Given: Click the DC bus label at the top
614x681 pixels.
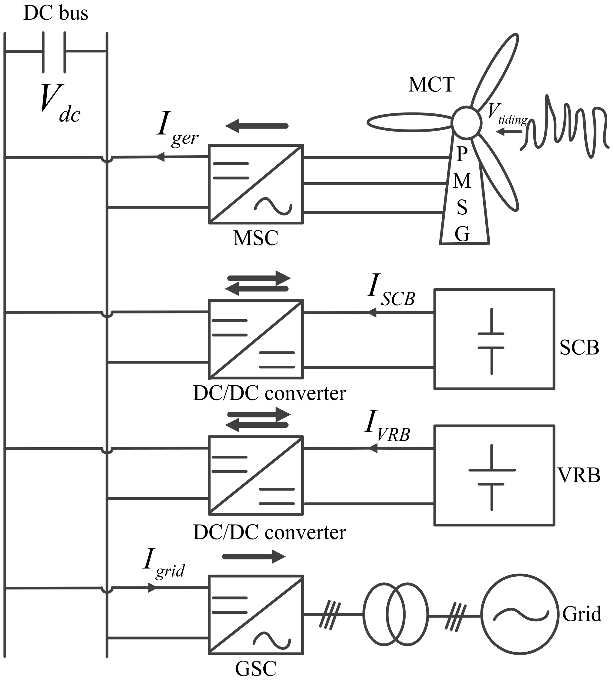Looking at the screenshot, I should coord(56,13).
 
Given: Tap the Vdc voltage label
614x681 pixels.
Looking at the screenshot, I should coord(59,103).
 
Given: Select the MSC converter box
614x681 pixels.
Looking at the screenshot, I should coord(256,184).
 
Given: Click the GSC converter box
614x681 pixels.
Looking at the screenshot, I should coord(256,615).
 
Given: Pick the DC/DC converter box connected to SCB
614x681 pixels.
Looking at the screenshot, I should coord(256,339).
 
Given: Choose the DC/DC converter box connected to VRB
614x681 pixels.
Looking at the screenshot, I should coord(256,475).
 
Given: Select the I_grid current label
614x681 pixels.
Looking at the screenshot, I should coord(164,565).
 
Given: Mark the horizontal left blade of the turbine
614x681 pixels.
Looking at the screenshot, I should coord(410,122).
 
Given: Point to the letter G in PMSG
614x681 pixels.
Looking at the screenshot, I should coord(462,234).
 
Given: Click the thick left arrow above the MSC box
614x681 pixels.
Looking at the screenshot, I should coord(256,126).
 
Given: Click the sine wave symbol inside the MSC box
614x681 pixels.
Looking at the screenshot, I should coord(273,206).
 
